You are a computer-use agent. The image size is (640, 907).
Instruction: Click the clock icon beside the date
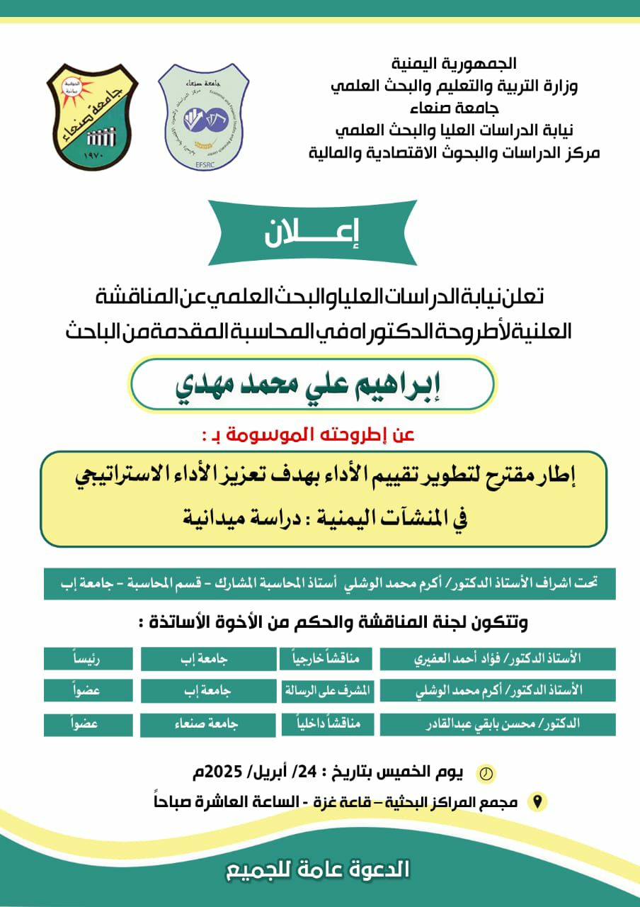point(486,773)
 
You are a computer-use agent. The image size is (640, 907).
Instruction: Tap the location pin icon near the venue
point(538,802)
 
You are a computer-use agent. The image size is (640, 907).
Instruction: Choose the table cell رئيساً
point(87,658)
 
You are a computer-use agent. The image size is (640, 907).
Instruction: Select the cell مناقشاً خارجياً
point(326,658)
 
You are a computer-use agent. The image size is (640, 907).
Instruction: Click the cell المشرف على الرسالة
point(326,689)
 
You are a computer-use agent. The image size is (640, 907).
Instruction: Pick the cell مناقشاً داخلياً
point(326,723)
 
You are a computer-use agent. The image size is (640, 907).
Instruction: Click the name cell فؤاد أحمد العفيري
point(497,658)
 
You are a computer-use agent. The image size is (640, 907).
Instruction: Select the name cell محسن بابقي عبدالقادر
point(497,723)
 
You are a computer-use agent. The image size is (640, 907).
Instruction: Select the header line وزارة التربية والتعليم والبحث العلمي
point(455,87)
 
